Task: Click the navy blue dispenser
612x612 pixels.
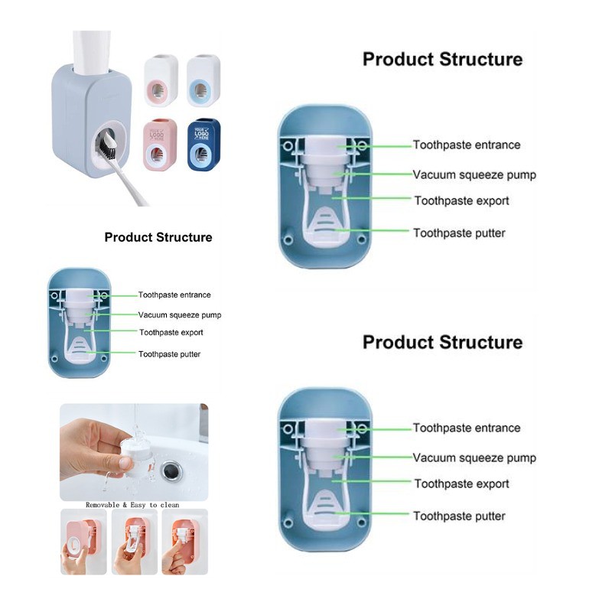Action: (x=203, y=145)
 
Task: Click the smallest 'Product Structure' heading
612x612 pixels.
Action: (x=158, y=237)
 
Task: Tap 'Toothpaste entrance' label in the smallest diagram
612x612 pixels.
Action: (x=174, y=295)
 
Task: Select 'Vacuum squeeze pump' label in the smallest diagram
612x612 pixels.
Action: (x=180, y=314)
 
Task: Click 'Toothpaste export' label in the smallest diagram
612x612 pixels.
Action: (x=171, y=333)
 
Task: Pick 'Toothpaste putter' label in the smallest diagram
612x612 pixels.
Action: (x=170, y=354)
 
